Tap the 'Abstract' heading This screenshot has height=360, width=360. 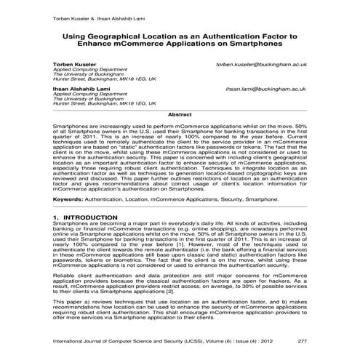point(180,115)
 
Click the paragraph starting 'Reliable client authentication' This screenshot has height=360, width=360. point(179,283)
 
